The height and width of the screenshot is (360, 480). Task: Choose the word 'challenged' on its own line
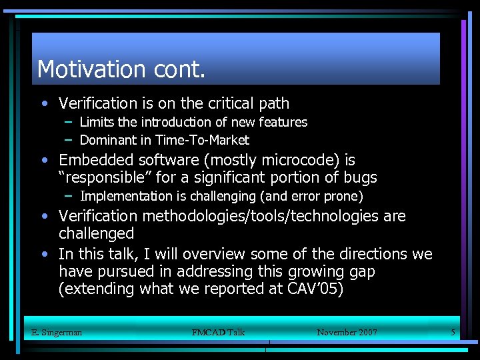point(96,233)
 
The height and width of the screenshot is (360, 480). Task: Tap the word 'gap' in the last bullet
point(362,271)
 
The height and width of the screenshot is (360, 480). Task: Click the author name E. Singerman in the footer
point(57,332)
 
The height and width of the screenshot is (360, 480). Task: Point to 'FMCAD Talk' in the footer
point(218,332)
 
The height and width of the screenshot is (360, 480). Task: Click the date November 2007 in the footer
point(347,332)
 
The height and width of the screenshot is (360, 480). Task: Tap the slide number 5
point(453,332)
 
